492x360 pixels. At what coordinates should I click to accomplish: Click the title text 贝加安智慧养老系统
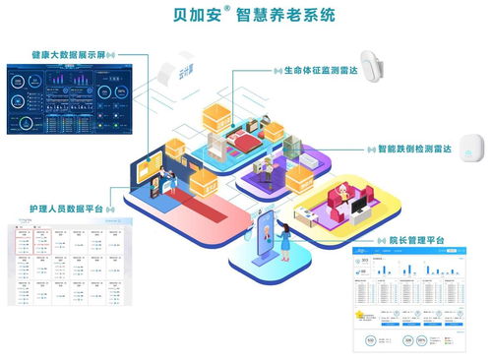[x=247, y=16]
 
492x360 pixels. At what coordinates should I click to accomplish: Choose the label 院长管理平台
[x=410, y=239]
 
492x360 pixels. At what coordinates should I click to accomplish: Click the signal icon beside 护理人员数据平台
[x=110, y=209]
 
